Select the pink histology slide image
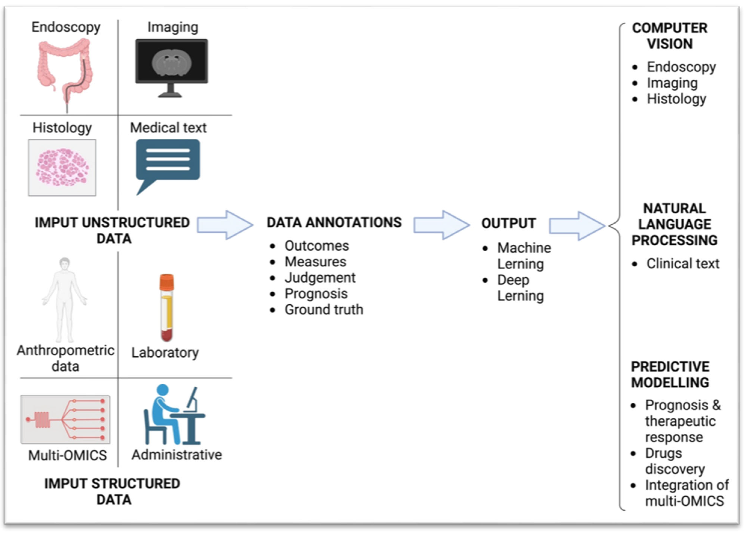point(62,167)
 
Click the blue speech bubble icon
point(168,164)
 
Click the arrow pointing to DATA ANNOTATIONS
point(225,225)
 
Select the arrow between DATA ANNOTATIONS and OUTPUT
point(441,225)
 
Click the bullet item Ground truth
point(324,309)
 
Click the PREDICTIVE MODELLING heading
point(670,374)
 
